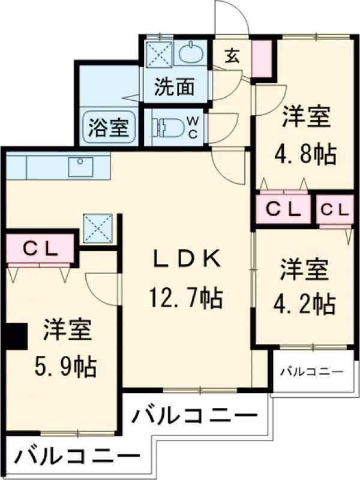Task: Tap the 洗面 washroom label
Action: [174, 88]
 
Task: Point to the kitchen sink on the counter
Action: [80, 166]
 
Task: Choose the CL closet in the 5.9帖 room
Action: [41, 248]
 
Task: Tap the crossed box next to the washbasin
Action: [160, 53]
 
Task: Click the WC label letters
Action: [193, 127]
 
